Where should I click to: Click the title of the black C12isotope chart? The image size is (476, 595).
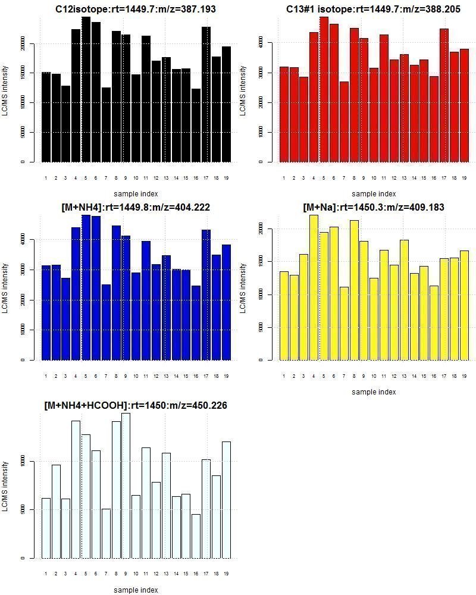click(x=136, y=9)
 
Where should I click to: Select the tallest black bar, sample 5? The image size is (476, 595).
click(x=86, y=89)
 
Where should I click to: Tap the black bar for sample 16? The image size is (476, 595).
click(x=196, y=125)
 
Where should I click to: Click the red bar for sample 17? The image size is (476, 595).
click(x=444, y=95)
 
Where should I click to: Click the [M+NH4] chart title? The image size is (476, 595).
click(x=136, y=207)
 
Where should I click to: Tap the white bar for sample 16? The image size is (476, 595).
click(x=196, y=536)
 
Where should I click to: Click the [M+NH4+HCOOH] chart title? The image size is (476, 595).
click(x=136, y=405)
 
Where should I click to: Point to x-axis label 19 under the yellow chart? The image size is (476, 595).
click(x=464, y=375)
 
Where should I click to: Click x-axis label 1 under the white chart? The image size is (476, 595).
click(x=46, y=574)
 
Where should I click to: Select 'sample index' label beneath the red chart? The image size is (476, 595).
click(x=374, y=193)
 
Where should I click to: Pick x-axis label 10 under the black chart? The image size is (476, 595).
click(x=136, y=177)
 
